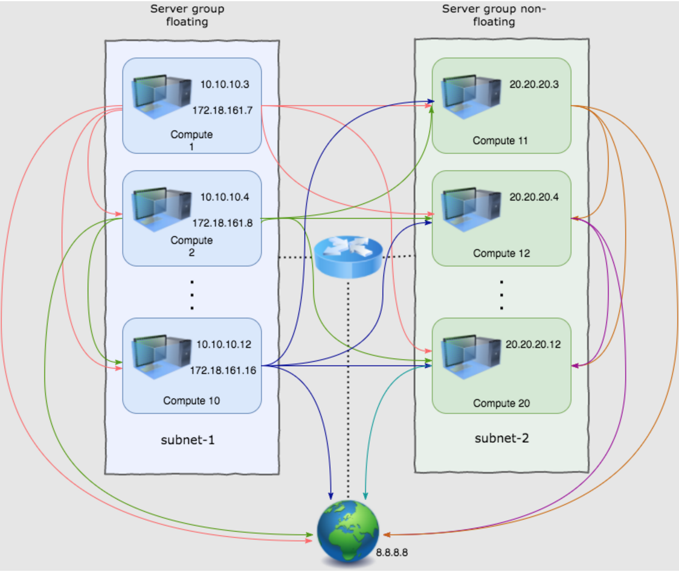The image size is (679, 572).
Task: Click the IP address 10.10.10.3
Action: pos(225,84)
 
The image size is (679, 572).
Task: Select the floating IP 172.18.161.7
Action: pos(222,110)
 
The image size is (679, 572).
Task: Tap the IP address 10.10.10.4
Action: pos(225,197)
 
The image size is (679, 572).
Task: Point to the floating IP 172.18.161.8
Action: pos(222,223)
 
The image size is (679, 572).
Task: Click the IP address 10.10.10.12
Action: pos(224,345)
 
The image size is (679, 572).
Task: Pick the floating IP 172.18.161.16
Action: pos(223,370)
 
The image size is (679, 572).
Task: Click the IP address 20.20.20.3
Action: pos(534,84)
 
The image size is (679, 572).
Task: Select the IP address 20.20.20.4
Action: pos(534,197)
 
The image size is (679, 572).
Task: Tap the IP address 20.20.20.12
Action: pos(533,345)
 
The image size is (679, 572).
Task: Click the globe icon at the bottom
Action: pos(349,532)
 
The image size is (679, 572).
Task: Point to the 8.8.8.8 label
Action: pos(392,551)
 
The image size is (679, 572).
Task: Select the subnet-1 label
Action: pos(188,440)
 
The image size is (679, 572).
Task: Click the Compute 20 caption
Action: pos(501,403)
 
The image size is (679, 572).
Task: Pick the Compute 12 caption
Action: pos(501,253)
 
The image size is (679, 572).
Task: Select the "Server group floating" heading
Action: pos(187,16)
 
